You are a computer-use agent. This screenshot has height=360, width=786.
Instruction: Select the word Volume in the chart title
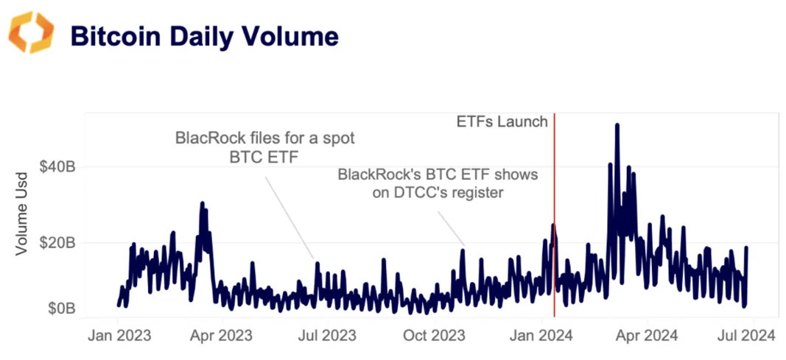pos(293,36)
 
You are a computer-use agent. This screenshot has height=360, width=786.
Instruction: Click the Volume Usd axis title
pos(22,214)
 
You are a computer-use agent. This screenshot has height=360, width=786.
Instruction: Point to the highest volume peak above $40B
pos(617,126)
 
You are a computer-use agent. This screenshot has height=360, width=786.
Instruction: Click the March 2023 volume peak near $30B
pos(202,204)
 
